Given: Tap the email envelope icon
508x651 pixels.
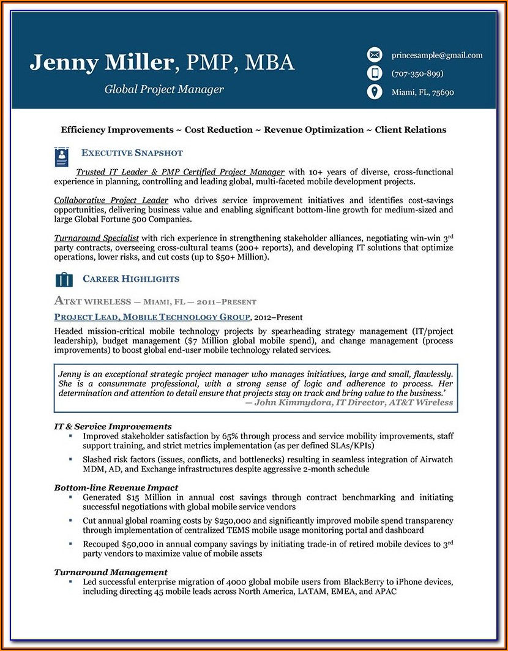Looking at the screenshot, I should coord(374,55).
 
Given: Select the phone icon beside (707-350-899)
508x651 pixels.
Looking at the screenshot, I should coord(374,73).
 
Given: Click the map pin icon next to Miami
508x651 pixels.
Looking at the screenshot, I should coord(374,92).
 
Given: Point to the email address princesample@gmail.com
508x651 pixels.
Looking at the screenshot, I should coord(437,55).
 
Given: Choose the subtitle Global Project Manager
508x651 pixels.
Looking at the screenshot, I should coord(164,89).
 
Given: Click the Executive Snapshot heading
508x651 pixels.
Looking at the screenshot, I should coord(132,153).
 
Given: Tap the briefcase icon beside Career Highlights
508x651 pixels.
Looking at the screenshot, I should coord(64,280).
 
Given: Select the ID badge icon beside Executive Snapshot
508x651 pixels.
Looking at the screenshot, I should coord(61,157).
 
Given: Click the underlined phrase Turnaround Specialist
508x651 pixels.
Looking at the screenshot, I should coord(97,238).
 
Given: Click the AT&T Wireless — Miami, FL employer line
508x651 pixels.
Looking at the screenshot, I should coord(155,301).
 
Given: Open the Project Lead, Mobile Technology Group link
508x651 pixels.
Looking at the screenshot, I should coord(152,317).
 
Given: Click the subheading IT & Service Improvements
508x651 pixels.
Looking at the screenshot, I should coord(113,426).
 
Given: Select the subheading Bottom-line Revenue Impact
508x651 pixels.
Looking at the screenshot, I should coord(116,487).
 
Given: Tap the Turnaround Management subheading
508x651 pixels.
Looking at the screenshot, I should coord(111,572).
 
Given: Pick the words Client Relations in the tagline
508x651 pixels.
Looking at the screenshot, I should coord(411,130).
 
